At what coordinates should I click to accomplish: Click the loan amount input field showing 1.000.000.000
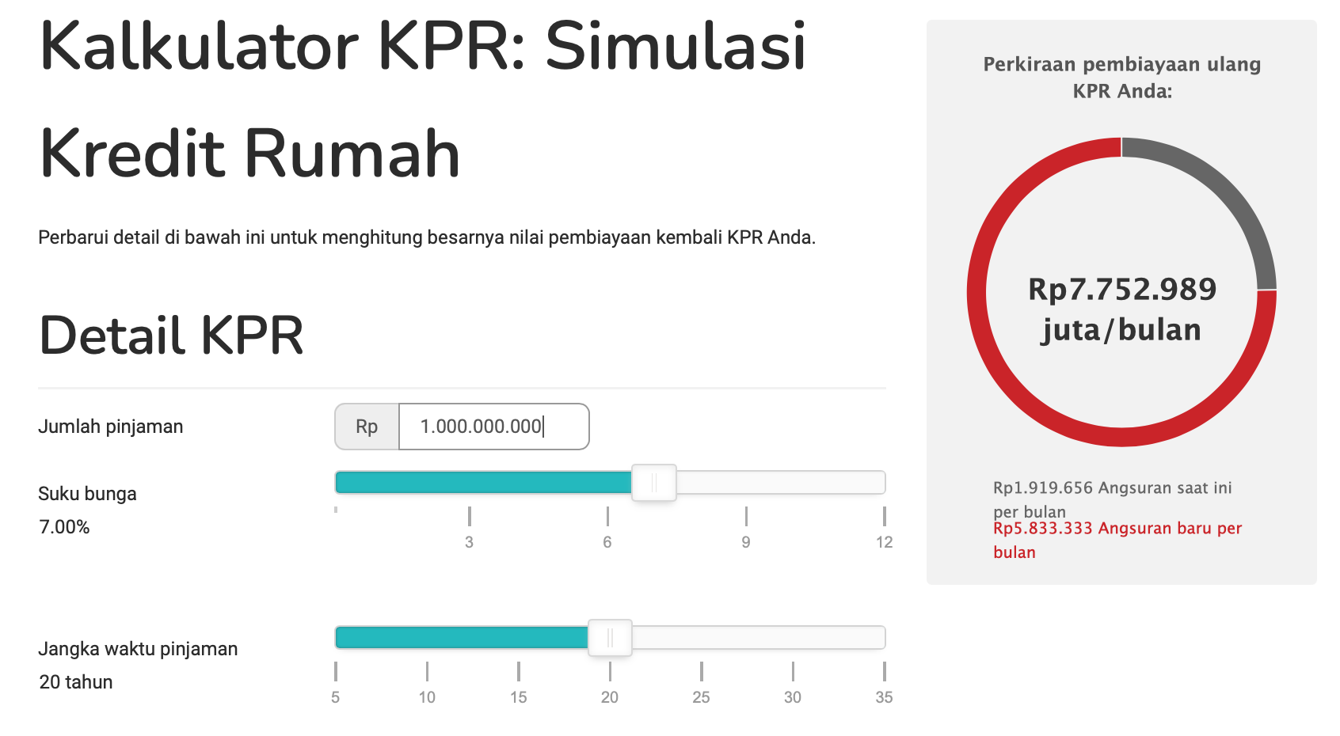coord(493,427)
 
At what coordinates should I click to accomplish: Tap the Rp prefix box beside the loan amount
coord(367,427)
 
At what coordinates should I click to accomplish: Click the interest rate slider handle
coord(654,483)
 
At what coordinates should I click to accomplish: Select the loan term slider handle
coord(610,638)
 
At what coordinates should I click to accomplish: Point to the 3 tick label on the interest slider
coord(469,542)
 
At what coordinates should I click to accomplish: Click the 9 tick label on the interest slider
coord(745,542)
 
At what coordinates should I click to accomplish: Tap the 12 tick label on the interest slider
coord(884,542)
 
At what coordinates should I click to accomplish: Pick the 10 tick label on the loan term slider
coord(427,697)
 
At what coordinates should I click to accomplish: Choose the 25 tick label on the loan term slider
coord(701,697)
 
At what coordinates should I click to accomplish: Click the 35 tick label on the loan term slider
coord(884,697)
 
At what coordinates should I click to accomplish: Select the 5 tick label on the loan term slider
coord(335,697)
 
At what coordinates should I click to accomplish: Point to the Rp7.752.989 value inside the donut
coord(1122,290)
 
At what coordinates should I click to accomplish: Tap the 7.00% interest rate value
coord(64,527)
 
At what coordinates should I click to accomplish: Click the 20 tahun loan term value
coord(76,682)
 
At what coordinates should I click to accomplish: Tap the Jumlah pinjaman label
coord(111,427)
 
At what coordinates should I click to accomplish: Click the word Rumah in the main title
coord(352,154)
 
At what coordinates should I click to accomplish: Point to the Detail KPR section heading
coord(171,335)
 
